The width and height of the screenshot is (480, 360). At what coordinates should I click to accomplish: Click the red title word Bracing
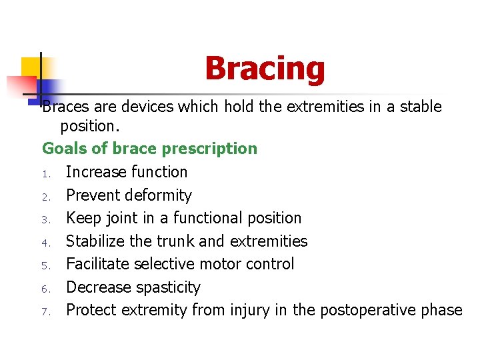(265, 69)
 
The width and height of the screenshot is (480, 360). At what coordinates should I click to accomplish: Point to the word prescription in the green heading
(212, 149)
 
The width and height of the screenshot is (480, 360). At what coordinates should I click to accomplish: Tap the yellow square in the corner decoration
(31, 67)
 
